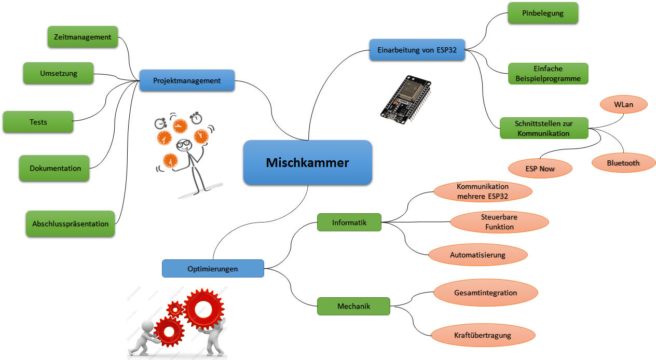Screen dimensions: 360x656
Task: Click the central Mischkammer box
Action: click(x=307, y=162)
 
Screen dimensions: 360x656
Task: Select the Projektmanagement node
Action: click(x=187, y=80)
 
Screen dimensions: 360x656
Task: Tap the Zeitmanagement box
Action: click(x=83, y=37)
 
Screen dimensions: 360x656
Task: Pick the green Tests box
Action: click(x=38, y=122)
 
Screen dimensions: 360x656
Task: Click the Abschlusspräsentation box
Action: click(x=70, y=224)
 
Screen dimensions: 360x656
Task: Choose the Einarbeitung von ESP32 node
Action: click(x=417, y=49)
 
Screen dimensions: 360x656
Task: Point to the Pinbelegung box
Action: click(x=542, y=13)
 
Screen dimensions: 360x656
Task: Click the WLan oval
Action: click(x=623, y=104)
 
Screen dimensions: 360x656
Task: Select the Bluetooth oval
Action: click(x=623, y=163)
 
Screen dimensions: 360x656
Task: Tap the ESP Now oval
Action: click(x=540, y=169)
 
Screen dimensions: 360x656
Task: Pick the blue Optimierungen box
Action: click(x=213, y=269)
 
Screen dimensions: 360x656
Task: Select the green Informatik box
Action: click(x=349, y=223)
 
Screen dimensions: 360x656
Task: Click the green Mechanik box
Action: click(x=353, y=306)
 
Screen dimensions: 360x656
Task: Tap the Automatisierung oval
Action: click(x=477, y=255)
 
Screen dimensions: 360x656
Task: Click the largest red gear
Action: click(x=203, y=310)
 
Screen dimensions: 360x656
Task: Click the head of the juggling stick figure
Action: click(x=184, y=146)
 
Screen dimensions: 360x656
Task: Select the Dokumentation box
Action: click(x=55, y=168)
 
